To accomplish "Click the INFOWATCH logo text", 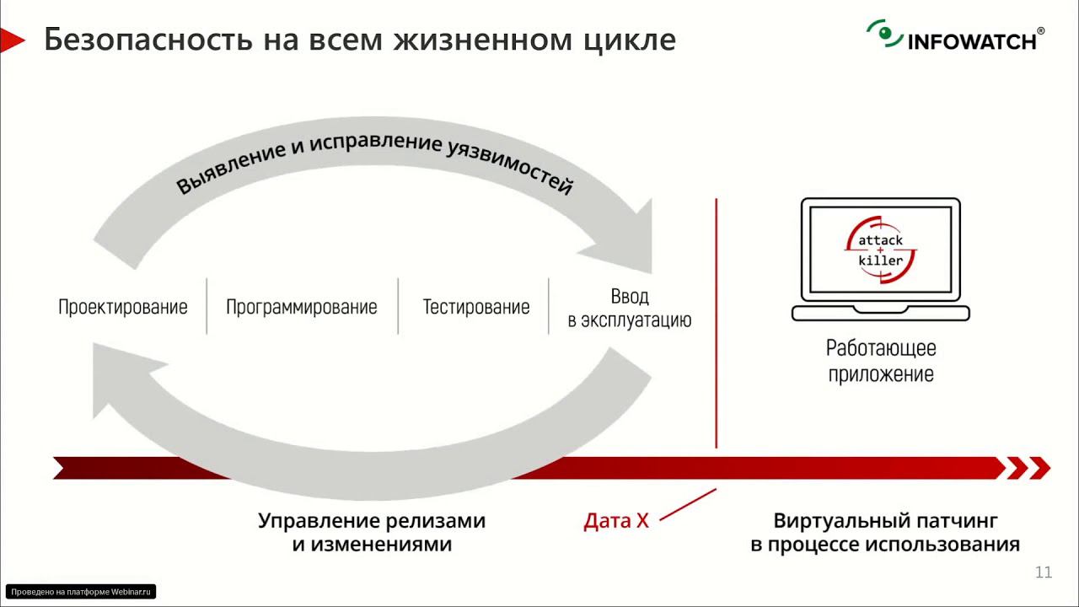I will pyautogui.click(x=972, y=40).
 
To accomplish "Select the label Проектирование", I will pyautogui.click(x=122, y=307).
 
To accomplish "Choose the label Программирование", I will pyautogui.click(x=301, y=307).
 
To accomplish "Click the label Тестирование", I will pyautogui.click(x=475, y=307).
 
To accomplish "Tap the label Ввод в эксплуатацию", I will pyautogui.click(x=629, y=309).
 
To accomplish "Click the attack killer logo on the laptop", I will pyautogui.click(x=880, y=250).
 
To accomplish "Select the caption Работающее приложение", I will pyautogui.click(x=880, y=361).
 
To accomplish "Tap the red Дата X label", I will pyautogui.click(x=616, y=521).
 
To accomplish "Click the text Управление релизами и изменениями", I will pyautogui.click(x=372, y=532).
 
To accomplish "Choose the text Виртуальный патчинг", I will pyautogui.click(x=885, y=520).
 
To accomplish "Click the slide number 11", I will pyautogui.click(x=1043, y=573).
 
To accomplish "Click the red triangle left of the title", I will pyautogui.click(x=12, y=40).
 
